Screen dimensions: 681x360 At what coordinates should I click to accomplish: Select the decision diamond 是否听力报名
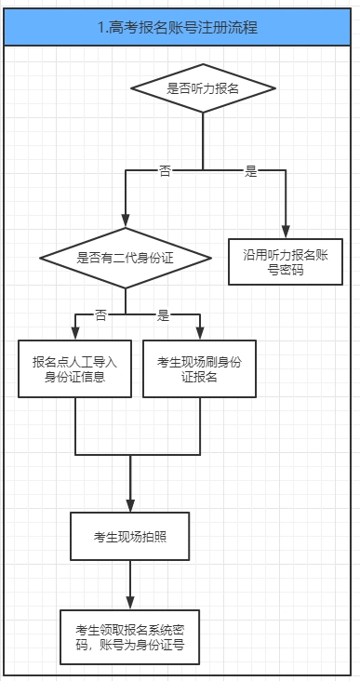click(203, 88)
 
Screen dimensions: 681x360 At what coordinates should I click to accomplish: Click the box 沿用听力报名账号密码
click(287, 260)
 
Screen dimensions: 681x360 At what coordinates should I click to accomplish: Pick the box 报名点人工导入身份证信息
click(74, 368)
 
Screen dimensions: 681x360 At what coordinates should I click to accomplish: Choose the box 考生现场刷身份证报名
click(199, 368)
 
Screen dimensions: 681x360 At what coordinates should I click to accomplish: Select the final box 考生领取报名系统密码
click(129, 637)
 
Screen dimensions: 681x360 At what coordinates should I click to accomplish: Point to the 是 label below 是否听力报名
click(250, 171)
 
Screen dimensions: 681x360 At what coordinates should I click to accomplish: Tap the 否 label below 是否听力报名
click(165, 171)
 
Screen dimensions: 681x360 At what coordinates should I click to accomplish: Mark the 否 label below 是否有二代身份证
click(100, 314)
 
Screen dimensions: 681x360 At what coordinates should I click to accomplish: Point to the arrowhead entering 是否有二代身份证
click(126, 220)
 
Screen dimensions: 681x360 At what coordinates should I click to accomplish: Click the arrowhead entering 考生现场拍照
click(129, 503)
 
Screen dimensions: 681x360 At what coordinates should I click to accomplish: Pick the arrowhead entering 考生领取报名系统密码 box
click(129, 603)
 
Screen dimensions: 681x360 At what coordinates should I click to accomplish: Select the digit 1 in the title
click(100, 29)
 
